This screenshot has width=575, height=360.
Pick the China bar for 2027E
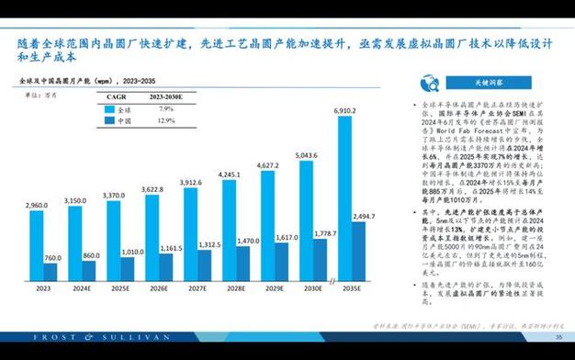click(209, 266)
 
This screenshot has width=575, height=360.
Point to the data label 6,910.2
click(344, 109)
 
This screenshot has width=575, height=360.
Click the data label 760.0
click(52, 258)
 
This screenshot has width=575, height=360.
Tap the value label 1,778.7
click(324, 234)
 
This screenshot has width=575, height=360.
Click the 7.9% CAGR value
click(166, 108)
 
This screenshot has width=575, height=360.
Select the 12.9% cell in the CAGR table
click(166, 120)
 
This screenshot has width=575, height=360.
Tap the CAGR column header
click(117, 96)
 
